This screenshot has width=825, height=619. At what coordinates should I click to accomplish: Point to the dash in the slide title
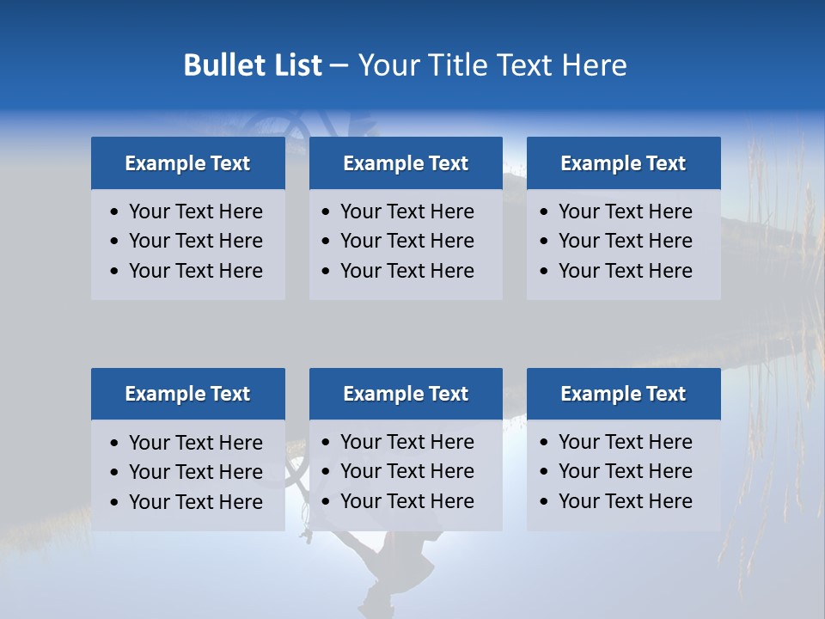pos(339,66)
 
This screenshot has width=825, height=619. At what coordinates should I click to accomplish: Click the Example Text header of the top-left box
pos(187,163)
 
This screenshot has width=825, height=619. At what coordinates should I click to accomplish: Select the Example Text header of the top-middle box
pos(406,163)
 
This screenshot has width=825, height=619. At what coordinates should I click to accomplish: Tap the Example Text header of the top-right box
pos(623,163)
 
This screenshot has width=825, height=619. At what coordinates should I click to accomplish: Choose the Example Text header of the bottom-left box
pos(187,394)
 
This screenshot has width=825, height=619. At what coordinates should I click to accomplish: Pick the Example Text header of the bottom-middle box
pos(406,394)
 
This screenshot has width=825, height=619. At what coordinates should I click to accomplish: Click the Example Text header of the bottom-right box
pos(623,394)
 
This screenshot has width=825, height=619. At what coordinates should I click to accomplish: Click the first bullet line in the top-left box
pos(195,211)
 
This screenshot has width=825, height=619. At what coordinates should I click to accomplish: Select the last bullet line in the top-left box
pos(195,271)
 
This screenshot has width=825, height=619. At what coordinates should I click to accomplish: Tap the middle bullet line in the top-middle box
pos(406,241)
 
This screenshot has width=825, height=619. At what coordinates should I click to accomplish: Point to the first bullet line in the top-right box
pos(625,211)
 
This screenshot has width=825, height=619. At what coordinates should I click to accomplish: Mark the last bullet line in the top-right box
pos(625,271)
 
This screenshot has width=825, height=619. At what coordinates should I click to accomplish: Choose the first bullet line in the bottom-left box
pos(195,443)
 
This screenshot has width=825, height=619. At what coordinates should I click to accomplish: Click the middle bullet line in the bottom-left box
pos(195,472)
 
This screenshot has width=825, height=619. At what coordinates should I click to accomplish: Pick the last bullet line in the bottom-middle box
pos(406,501)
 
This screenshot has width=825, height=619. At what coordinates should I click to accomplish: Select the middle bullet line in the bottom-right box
pos(625,471)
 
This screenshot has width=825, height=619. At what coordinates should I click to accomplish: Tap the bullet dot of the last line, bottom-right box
pos(544,502)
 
